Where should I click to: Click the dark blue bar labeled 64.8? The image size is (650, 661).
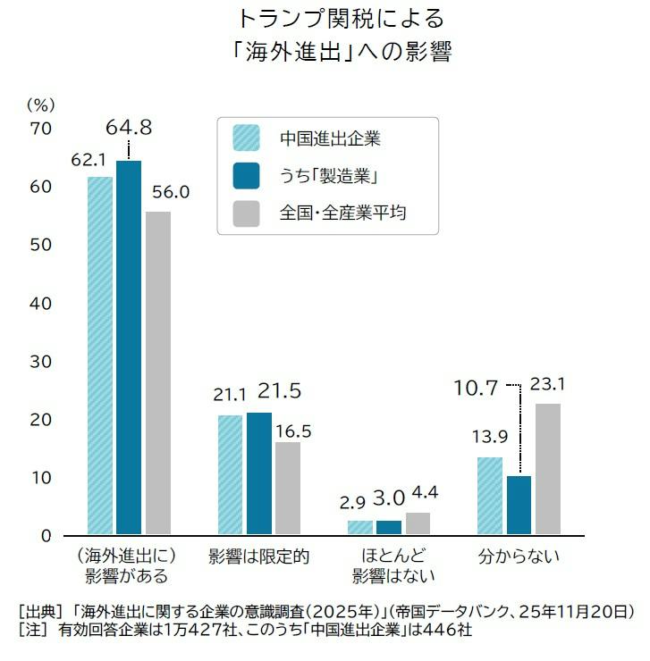click(129, 347)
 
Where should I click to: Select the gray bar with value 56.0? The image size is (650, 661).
click(158, 373)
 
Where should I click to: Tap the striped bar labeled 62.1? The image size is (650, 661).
click(100, 356)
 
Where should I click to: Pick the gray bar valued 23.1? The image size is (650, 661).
click(548, 469)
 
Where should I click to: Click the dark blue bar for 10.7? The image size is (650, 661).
click(519, 505)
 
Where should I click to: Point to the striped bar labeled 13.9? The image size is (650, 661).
click(490, 496)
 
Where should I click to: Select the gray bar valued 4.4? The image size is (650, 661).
click(418, 523)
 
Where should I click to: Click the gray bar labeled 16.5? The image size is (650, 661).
click(288, 489)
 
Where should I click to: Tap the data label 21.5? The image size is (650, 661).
click(279, 390)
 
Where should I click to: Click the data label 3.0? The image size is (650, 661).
click(389, 498)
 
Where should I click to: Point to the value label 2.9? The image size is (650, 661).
click(352, 503)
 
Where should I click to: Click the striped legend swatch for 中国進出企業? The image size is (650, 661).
click(246, 138)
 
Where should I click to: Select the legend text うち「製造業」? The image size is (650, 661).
click(328, 176)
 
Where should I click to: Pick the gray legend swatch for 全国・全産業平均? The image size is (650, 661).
click(246, 213)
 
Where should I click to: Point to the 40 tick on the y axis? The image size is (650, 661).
click(40, 303)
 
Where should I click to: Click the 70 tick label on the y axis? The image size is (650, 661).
click(40, 129)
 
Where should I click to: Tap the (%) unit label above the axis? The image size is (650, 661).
click(41, 105)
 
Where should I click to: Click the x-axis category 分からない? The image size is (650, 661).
click(519, 556)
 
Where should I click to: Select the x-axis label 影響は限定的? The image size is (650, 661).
click(258, 556)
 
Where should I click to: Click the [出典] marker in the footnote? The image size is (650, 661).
click(40, 611)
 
